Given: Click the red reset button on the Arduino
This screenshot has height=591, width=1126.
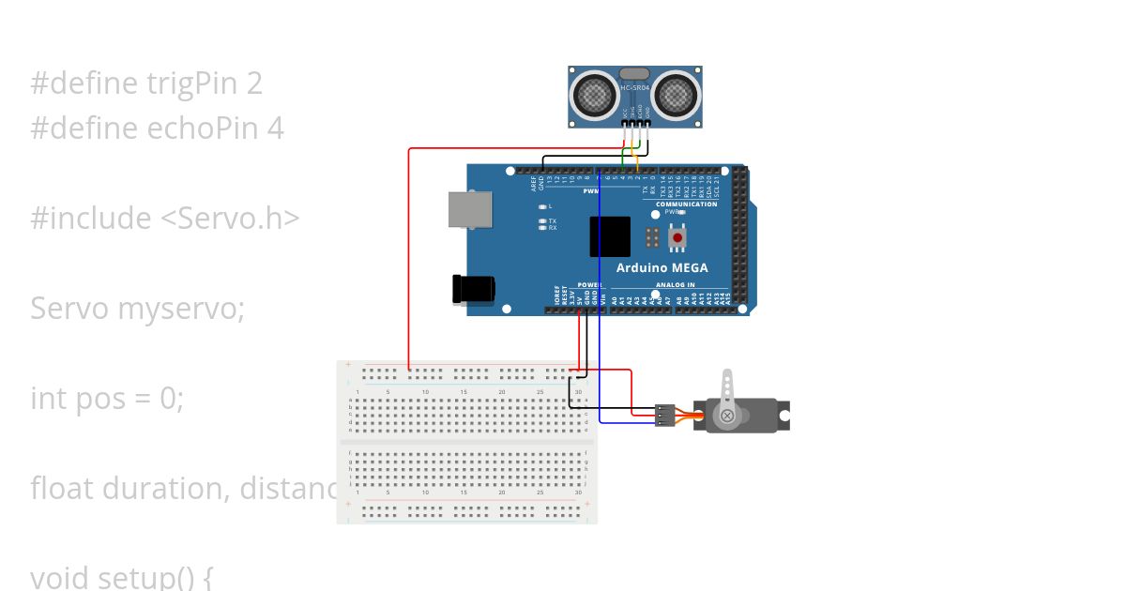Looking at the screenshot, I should [x=677, y=239].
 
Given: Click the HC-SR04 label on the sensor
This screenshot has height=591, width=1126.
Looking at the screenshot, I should [x=635, y=87].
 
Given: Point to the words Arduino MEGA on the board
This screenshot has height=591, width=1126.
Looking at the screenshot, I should [x=662, y=267].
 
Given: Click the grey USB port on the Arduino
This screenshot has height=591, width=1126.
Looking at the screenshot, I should [x=470, y=209].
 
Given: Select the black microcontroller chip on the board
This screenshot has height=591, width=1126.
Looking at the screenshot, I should [x=610, y=236].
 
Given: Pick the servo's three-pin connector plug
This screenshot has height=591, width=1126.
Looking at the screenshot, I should [x=664, y=414].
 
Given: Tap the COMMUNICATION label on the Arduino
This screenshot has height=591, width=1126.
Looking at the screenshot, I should [x=686, y=204].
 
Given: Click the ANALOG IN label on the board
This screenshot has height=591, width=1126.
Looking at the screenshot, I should [x=676, y=284].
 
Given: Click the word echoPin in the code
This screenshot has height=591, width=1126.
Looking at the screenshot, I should [x=195, y=129].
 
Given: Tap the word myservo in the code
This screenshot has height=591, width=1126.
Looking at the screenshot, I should [x=181, y=309].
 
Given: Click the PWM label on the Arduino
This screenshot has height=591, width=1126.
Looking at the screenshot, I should [x=591, y=190].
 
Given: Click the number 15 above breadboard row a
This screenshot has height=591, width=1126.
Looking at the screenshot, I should [x=464, y=391].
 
